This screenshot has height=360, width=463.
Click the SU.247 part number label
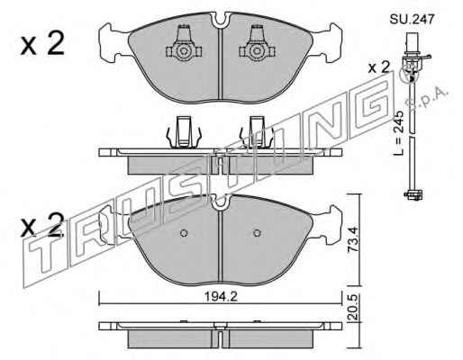click(412, 20)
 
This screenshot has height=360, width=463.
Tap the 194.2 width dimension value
click(221, 297)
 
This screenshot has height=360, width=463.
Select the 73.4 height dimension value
click(352, 239)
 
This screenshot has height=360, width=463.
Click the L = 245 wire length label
click(399, 133)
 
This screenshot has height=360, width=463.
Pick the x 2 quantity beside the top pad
click(42, 43)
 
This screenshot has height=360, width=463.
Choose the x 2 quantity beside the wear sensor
click(379, 67)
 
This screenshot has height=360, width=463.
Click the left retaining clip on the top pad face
click(184, 44)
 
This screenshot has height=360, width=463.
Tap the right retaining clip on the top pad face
click(257, 44)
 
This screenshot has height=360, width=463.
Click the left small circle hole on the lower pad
click(184, 233)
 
